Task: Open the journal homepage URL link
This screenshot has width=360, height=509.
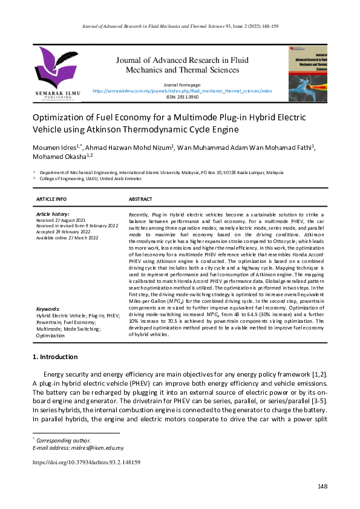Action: (x=182, y=91)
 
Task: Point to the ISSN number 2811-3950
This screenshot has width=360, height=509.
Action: (x=182, y=97)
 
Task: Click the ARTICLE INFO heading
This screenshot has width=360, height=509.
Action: (x=51, y=199)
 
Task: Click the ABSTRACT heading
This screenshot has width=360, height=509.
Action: (x=140, y=199)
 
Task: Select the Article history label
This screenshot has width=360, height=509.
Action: (x=53, y=214)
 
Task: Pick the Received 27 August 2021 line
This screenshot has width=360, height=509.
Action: (x=61, y=220)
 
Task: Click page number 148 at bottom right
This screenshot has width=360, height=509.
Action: (x=322, y=487)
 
